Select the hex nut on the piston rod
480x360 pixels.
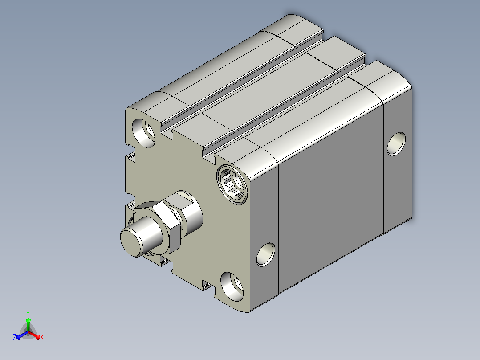coord(158,227)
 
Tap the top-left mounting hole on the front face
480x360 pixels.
coord(143,133)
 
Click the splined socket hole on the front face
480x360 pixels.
coord(232,184)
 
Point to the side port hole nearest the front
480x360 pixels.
coord(266,254)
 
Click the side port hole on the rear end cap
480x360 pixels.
coord(396,144)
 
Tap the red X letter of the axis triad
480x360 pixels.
coord(42,337)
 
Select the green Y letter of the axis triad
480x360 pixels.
coord(28,313)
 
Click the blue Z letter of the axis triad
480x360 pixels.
coord(15,337)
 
